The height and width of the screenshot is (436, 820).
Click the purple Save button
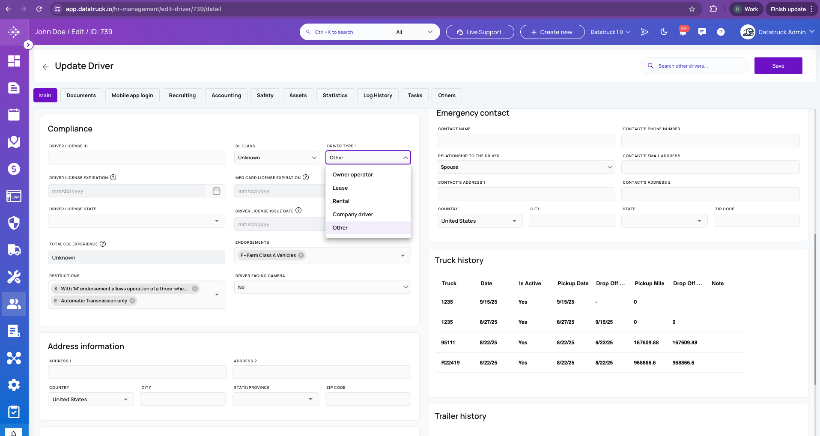click(778, 66)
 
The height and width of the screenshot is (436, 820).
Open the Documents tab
click(81, 95)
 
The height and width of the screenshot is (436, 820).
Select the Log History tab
click(378, 95)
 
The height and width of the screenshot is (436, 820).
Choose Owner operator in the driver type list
click(353, 174)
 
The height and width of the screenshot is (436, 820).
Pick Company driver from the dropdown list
click(353, 214)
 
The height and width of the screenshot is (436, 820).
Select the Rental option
click(341, 201)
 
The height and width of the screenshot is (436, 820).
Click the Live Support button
click(480, 32)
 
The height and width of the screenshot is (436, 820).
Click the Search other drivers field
click(694, 66)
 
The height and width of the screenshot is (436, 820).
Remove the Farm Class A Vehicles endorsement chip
click(301, 255)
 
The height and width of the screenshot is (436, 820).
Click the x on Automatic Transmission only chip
click(132, 301)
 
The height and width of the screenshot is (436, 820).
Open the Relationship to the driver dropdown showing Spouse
click(526, 167)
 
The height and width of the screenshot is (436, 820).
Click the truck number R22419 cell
click(450, 363)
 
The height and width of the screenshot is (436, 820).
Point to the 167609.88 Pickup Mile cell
click(646, 343)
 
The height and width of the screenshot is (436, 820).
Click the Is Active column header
click(530, 284)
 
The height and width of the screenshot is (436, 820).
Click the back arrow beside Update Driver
click(45, 67)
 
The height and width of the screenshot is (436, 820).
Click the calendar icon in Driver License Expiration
click(216, 191)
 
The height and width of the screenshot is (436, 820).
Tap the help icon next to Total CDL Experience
click(103, 244)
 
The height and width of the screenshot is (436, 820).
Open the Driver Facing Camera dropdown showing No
click(322, 287)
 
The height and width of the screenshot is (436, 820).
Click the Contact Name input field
click(526, 140)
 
